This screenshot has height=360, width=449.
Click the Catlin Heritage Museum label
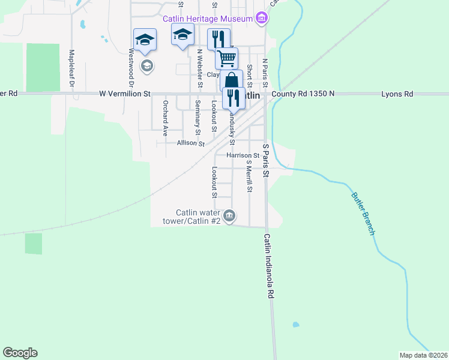pos(207,19)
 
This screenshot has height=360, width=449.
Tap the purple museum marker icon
pos(261,19)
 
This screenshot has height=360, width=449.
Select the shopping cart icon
pos(226,59)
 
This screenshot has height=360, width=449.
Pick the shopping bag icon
pos(231,80)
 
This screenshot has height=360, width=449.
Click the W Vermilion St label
pos(125,94)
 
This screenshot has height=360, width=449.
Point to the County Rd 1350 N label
pos(303,94)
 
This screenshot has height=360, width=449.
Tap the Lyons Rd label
pos(397,94)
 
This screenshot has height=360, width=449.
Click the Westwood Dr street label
pos(130,66)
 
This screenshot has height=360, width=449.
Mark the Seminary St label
pos(197,118)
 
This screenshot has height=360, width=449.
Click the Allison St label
pos(191,143)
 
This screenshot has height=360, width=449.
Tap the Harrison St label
pos(243,155)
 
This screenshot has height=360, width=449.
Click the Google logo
pos(20,353)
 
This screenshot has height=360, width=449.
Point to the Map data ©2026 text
pos(422,355)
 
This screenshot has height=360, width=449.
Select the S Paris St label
pos(266,160)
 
